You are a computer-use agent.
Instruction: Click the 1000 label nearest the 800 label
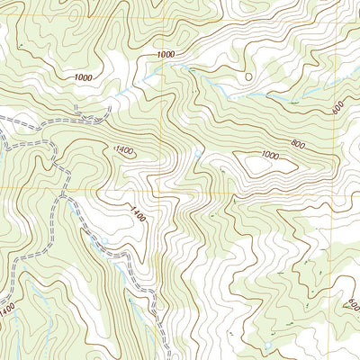tap(269, 155)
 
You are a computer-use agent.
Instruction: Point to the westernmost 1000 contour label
tap(83, 78)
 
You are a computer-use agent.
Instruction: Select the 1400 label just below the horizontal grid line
tap(137, 213)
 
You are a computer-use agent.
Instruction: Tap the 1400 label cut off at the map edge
tap(7, 309)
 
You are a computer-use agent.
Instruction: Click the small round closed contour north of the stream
tap(247, 76)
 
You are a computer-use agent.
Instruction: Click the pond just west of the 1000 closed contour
tap(199, 155)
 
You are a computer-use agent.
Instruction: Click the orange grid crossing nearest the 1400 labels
tap(163, 190)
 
